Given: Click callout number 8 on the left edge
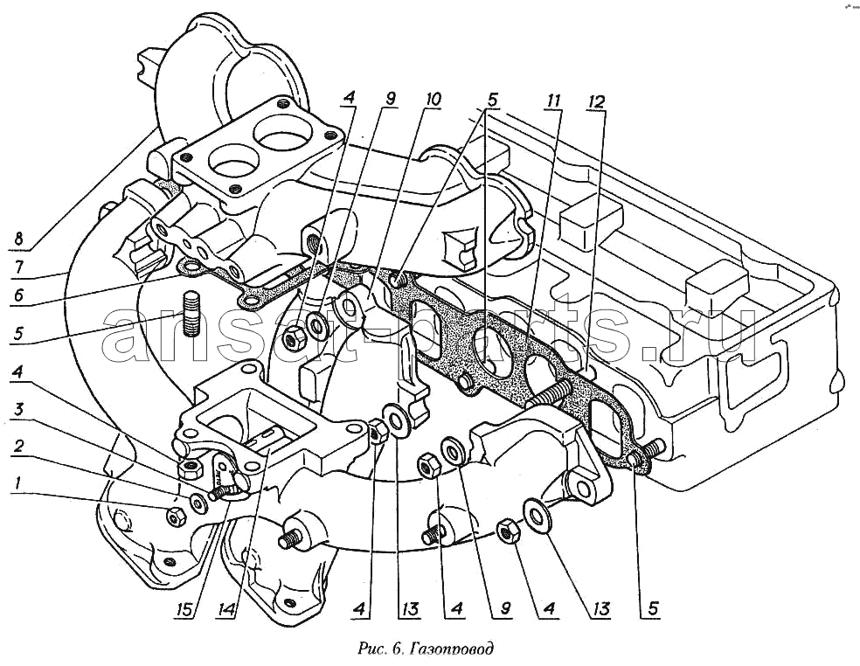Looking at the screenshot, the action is point(18,239).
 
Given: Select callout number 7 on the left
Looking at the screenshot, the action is point(18,267).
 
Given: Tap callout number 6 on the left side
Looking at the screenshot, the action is point(18,295).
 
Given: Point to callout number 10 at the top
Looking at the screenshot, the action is point(433,100).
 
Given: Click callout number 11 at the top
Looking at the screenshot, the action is point(553,101).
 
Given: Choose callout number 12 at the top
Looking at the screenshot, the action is point(596,101).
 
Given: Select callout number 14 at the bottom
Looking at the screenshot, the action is point(227,609).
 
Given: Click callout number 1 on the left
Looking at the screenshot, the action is point(17,482).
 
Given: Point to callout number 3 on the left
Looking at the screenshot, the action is point(18,409).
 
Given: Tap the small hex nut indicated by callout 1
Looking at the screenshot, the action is point(176,516).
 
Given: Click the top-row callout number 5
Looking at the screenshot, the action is point(491,101).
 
